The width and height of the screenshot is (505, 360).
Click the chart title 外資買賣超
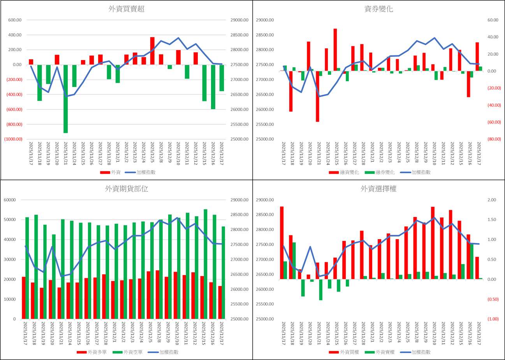[126, 9]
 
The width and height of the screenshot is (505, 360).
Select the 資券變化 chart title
[379, 9]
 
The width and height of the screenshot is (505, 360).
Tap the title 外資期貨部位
[126, 189]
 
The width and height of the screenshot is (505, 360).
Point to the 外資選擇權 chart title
[379, 189]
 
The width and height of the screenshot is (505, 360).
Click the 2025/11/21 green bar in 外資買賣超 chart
[66, 99]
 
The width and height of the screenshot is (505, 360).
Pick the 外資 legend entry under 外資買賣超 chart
[111, 172]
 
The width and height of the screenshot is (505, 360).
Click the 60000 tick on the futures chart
[14, 200]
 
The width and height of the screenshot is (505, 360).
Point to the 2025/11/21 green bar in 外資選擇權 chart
[321, 289]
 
